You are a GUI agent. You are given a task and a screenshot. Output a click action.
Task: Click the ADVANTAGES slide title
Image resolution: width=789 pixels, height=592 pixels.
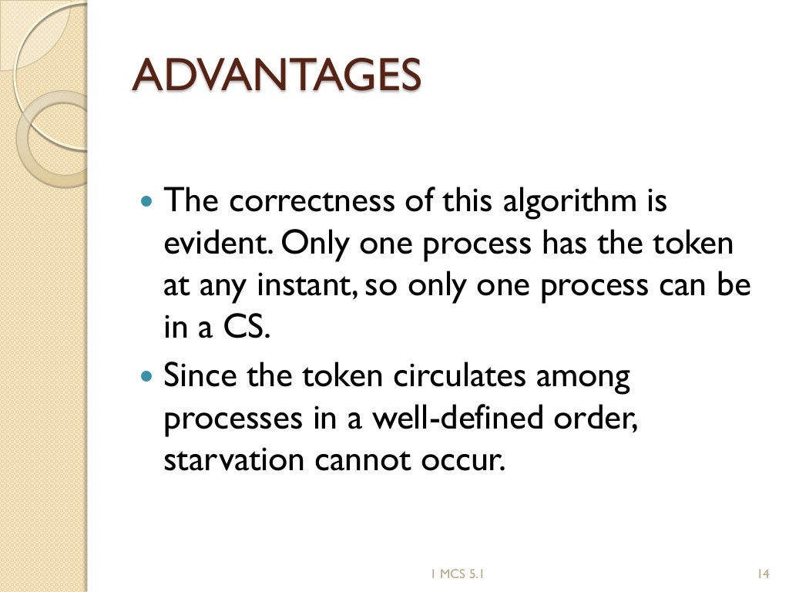coord(277,75)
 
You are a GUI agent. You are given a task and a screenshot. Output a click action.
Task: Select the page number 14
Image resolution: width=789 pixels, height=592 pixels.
coord(764,573)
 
